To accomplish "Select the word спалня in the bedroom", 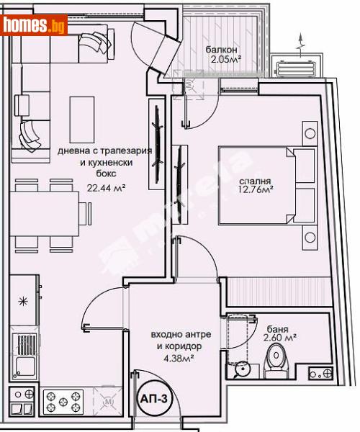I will click(x=246, y=182).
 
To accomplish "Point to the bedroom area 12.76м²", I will click(x=246, y=193).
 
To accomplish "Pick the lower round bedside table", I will click(x=309, y=237).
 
